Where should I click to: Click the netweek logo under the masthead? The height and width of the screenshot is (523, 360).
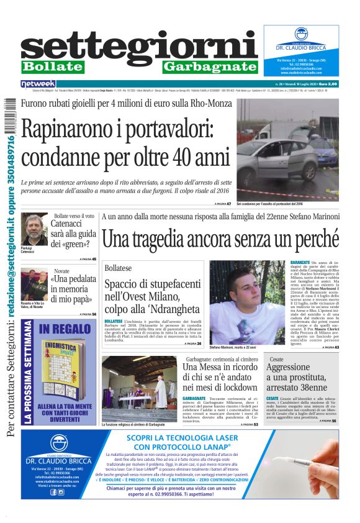(x=38, y=83)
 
